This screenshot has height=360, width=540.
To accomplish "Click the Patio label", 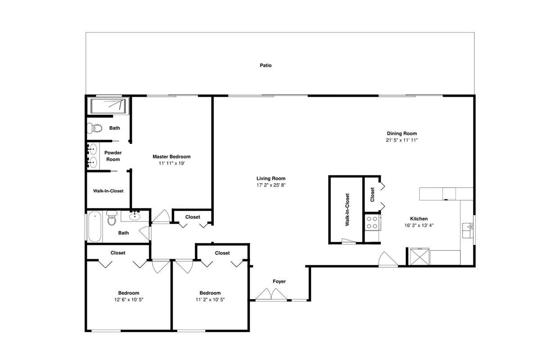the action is pyautogui.click(x=265, y=65).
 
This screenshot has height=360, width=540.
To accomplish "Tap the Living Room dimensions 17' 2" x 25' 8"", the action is pyautogui.click(x=271, y=185).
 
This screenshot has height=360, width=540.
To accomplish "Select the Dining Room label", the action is pyautogui.click(x=401, y=133).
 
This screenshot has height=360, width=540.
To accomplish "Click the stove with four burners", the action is pyautogui.click(x=372, y=222).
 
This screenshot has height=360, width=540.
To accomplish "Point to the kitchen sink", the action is pyautogui.click(x=468, y=230).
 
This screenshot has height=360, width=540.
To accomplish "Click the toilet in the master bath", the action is pyautogui.click(x=94, y=128).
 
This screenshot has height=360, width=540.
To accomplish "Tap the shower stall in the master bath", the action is pyautogui.click(x=108, y=106).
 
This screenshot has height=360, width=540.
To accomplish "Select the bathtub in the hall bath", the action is pyautogui.click(x=94, y=226).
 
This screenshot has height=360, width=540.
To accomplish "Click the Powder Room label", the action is pyautogui.click(x=113, y=156).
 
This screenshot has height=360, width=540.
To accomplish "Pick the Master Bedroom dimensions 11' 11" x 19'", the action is pyautogui.click(x=171, y=163).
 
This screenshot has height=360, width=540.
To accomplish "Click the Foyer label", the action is pyautogui.click(x=279, y=281).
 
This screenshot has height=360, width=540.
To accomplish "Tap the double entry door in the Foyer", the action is pyautogui.click(x=271, y=295).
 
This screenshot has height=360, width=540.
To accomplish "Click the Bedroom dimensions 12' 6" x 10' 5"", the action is pyautogui.click(x=129, y=300).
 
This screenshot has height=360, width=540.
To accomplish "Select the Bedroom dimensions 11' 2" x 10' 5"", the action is pyautogui.click(x=210, y=300).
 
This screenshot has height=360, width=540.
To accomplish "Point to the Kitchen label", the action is pyautogui.click(x=419, y=219).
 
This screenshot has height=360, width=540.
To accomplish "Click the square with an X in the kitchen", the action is pyautogui.click(x=420, y=256).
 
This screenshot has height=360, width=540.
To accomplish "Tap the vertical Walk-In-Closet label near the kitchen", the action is pyautogui.click(x=347, y=210).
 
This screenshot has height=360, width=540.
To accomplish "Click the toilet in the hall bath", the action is pyautogui.click(x=112, y=218).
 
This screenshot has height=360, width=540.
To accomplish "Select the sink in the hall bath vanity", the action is pyautogui.click(x=135, y=216).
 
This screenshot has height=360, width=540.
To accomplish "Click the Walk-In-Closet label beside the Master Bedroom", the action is pyautogui.click(x=108, y=191).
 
